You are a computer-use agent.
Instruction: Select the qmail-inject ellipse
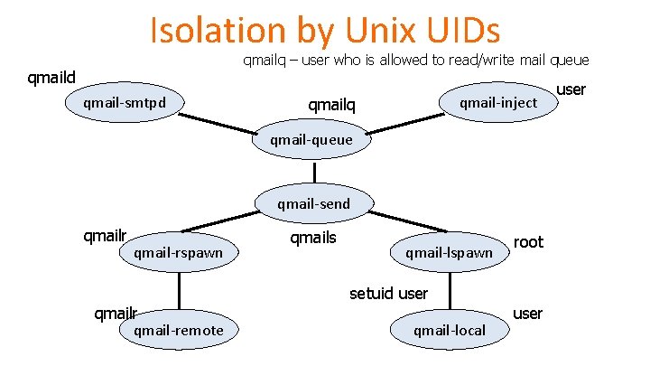pos(497,102)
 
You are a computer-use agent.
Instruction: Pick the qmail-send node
pos(313,203)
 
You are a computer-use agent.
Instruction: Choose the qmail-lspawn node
pos(449,252)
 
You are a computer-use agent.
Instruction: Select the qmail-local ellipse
pos(449,331)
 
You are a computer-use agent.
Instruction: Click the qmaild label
pos(51,78)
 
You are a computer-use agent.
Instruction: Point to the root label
pos(528,241)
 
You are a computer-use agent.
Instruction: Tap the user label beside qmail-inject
pos(571,89)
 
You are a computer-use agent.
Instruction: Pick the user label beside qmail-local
pos(527,314)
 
